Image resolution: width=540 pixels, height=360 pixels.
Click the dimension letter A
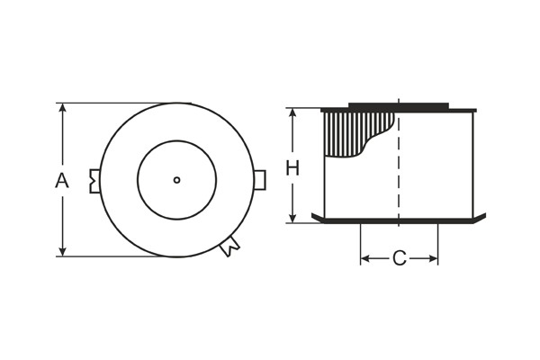point(61,180)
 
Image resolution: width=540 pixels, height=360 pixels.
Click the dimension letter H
point(292,167)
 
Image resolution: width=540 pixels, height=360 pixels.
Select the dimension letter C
point(399,259)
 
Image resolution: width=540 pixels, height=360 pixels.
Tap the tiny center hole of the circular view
point(176,180)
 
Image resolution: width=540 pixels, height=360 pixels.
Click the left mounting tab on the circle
point(94,180)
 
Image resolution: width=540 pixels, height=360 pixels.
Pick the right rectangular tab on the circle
point(259,180)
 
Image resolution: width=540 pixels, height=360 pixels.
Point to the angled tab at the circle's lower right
point(230,245)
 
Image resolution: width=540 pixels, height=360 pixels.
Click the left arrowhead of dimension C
point(365,259)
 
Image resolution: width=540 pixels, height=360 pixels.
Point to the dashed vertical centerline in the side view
point(398,180)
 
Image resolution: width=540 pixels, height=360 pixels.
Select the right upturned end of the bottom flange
point(481,217)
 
